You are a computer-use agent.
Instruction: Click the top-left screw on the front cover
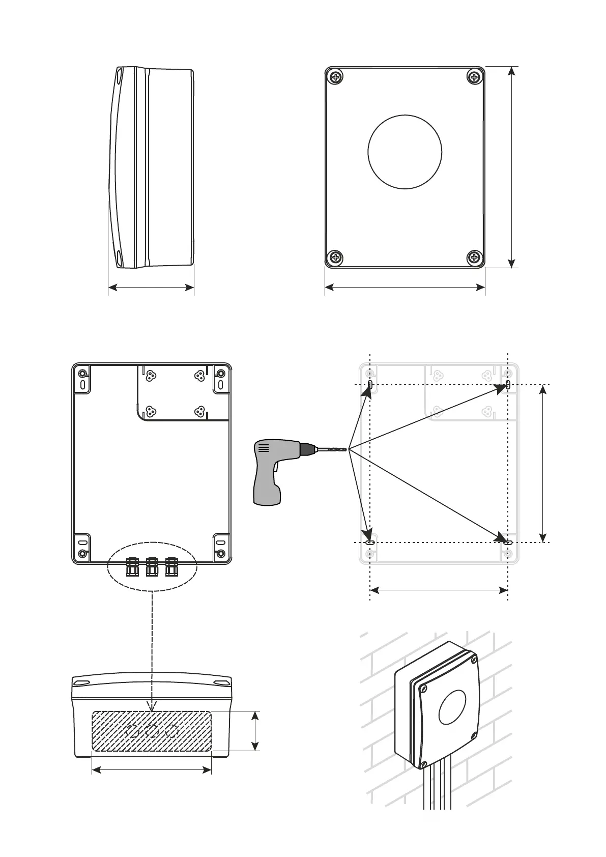336,77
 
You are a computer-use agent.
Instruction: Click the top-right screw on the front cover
474,77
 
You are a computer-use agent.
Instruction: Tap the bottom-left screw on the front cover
336,257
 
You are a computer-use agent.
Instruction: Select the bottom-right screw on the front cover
474,257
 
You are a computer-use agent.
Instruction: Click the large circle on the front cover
405,152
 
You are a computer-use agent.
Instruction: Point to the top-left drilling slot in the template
370,384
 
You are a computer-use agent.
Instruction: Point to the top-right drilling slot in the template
508,385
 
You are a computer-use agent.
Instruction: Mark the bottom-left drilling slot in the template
370,543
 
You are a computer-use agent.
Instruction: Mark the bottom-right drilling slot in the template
508,543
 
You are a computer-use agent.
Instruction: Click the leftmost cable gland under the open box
132,567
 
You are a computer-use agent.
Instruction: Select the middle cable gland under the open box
152,567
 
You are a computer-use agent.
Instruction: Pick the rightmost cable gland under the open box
171,567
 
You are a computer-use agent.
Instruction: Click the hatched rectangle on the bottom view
152,731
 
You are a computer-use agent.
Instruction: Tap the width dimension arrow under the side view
151,288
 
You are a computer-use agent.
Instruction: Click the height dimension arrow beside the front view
512,167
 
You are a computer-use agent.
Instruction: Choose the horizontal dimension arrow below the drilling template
439,590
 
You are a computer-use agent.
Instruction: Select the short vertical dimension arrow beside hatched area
255,731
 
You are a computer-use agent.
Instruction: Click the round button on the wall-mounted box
452,707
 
